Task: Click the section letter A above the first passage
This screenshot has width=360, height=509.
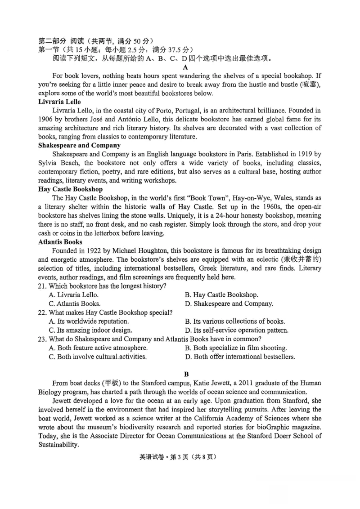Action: (x=185, y=67)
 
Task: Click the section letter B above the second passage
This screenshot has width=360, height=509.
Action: (x=186, y=374)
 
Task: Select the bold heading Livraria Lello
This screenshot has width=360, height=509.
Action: (x=59, y=102)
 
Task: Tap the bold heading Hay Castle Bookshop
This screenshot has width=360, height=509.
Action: (x=70, y=189)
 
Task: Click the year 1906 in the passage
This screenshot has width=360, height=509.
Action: (x=46, y=119)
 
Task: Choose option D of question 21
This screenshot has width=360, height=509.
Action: (x=229, y=304)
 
